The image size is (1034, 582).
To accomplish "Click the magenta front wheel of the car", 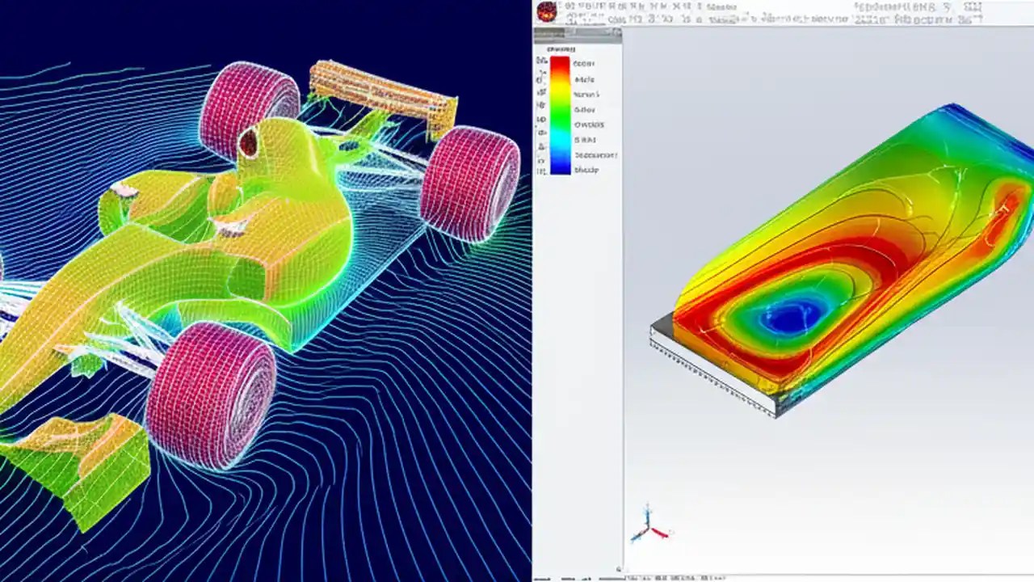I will pos(212,396).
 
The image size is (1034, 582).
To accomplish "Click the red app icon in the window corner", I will pos(547,11).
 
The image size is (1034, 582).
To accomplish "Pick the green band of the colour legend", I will pos(560,121).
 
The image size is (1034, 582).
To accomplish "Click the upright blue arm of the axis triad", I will pos(647,517).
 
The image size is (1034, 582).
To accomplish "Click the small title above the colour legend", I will pos(559,49).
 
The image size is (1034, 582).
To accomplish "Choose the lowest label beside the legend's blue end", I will pos(586,170).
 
